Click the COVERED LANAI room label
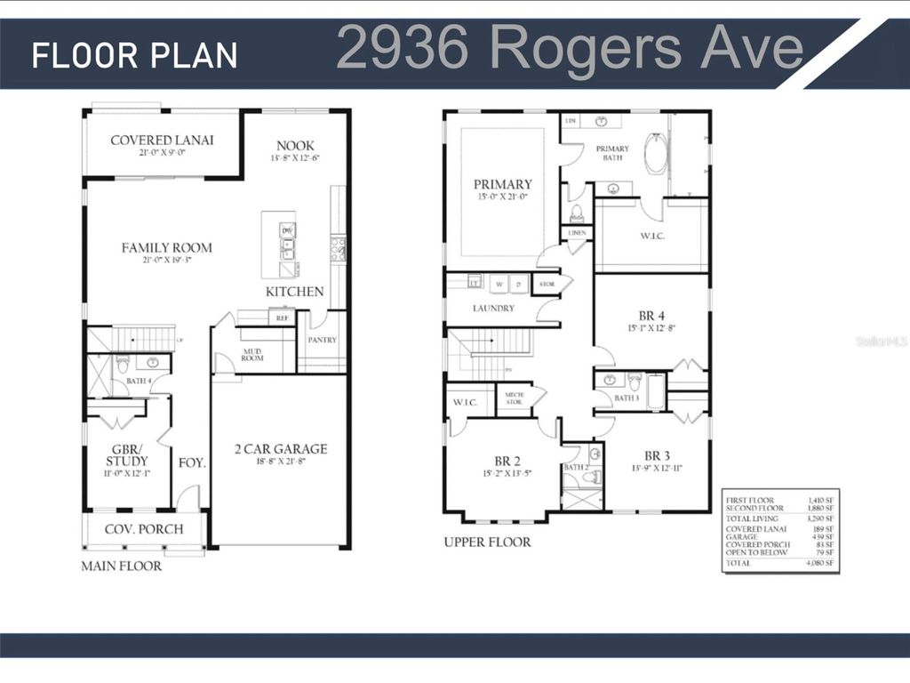click(x=162, y=141)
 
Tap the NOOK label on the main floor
click(x=295, y=146)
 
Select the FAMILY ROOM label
click(x=167, y=248)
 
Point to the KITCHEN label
click(x=294, y=292)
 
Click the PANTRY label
click(x=321, y=340)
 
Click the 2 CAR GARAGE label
click(x=280, y=449)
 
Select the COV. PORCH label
click(x=144, y=529)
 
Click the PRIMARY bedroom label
click(x=502, y=185)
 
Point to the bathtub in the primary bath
click(x=655, y=154)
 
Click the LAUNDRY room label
click(x=494, y=309)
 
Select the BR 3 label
click(x=657, y=454)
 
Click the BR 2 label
click(x=506, y=461)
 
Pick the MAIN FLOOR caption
click(x=122, y=566)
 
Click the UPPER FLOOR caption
click(x=487, y=542)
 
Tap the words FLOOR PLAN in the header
click(x=135, y=55)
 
